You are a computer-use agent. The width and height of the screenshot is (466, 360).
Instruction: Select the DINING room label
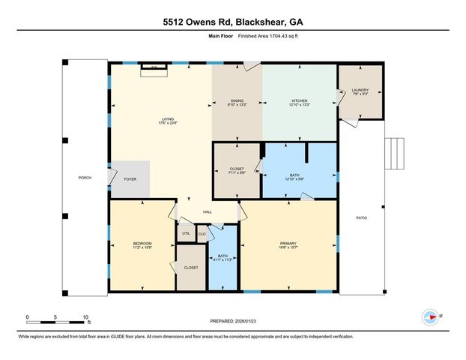click(237, 101)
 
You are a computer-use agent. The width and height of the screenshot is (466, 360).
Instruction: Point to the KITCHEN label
click(300, 101)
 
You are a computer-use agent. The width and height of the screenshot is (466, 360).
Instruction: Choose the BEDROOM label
click(142, 244)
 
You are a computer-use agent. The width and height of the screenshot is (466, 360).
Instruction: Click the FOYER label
click(130, 180)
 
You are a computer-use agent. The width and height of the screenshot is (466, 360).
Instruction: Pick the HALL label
click(208, 212)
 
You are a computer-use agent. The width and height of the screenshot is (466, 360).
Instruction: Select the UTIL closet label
click(187, 234)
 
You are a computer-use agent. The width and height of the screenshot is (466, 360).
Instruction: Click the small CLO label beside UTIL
click(202, 234)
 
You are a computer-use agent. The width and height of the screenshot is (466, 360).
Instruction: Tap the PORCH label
click(85, 178)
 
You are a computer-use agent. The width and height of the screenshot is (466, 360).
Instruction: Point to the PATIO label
click(361, 217)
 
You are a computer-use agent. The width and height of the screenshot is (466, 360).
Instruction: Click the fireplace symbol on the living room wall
click(154, 68)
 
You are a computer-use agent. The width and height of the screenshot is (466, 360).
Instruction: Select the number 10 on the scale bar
click(86, 317)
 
